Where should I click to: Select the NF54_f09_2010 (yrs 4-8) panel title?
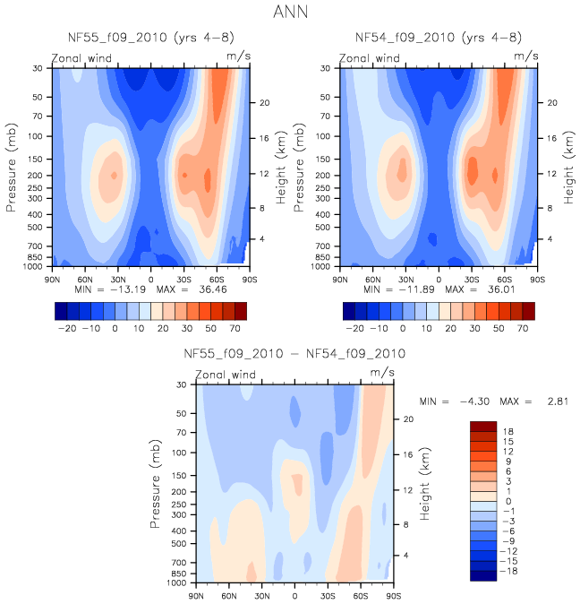(x=438, y=38)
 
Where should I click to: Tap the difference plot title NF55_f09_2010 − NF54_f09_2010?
(x=294, y=354)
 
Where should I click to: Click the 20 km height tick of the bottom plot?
(x=405, y=418)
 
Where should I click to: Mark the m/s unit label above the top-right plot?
(x=525, y=56)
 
